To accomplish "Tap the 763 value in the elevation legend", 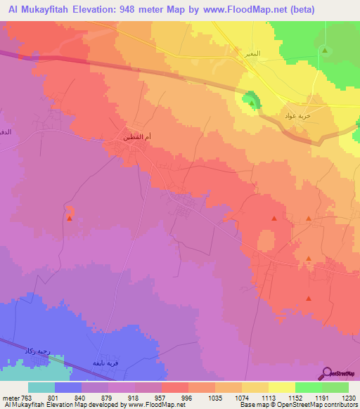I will pyautogui.click(x=27, y=398).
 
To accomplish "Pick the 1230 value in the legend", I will pyautogui.click(x=348, y=398).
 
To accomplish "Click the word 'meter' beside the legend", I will pyautogui.click(x=11, y=398).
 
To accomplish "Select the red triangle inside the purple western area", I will pyautogui.click(x=69, y=218).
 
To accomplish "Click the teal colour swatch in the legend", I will pyautogui.click(x=41, y=387).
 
